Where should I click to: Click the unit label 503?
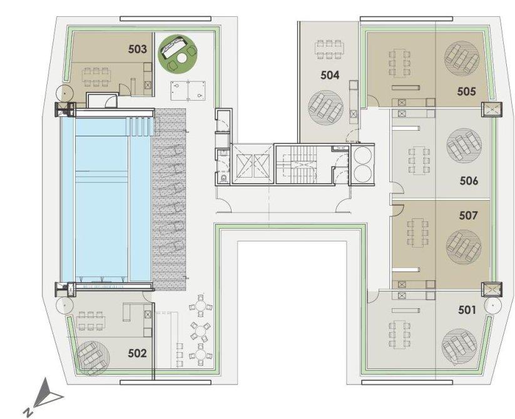[137, 49]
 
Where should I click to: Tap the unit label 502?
[137, 353]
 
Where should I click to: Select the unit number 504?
[330, 76]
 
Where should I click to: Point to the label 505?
[466, 91]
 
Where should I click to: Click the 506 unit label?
[469, 181]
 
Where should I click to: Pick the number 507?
[468, 216]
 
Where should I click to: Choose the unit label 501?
[467, 310]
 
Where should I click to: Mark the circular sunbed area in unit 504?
[326, 107]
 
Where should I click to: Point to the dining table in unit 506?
[417, 161]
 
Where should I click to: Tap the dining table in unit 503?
[96, 78]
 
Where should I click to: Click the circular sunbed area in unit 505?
[461, 58]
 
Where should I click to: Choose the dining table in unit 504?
[329, 49]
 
